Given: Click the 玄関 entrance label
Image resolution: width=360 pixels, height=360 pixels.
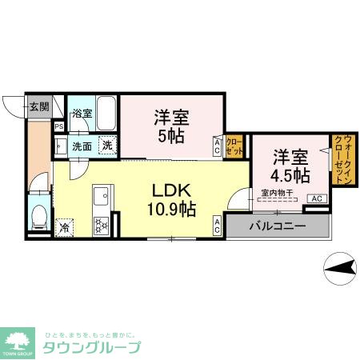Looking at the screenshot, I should click(39, 106).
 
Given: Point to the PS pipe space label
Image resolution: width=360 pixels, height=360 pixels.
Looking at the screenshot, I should click(58, 126).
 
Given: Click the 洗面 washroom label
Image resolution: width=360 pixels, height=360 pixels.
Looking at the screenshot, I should click(82, 146).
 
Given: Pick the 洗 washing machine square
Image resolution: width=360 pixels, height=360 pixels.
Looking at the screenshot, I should click(107, 146).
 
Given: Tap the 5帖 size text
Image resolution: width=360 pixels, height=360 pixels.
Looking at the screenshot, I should click(171, 136).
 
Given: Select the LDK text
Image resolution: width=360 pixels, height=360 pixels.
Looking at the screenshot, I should click(170, 191).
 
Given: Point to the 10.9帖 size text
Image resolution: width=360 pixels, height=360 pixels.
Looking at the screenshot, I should click(171, 210).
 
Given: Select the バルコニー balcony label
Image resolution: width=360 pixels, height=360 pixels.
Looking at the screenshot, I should click(277, 226).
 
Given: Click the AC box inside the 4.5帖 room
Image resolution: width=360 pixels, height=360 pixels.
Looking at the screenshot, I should click(315, 198).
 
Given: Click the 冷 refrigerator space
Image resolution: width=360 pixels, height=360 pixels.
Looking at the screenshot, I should click(64, 227).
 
